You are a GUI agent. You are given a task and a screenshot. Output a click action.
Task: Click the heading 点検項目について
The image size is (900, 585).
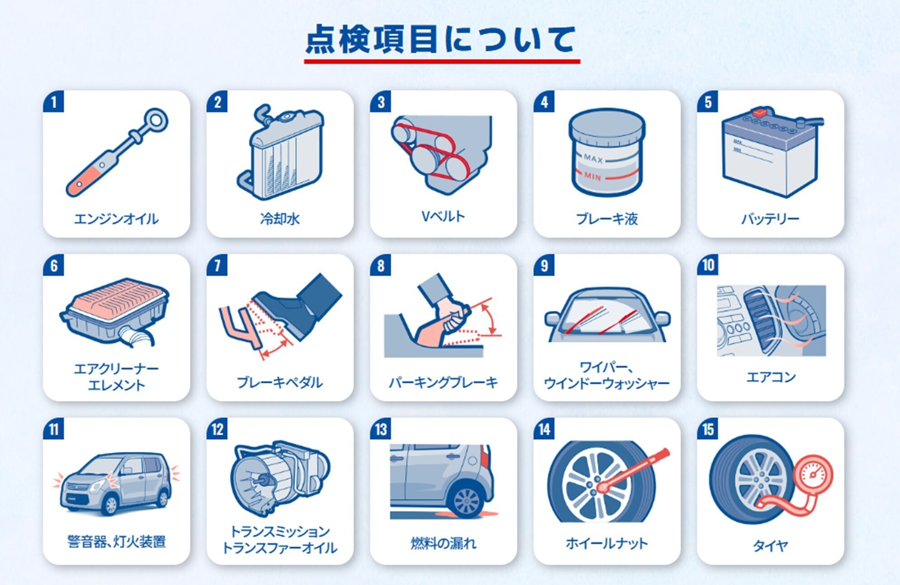point(441,40)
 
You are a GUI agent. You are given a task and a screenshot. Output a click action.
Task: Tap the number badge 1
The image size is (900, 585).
point(54,102)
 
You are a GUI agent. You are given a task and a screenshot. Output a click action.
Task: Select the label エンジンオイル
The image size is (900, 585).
point(116,219)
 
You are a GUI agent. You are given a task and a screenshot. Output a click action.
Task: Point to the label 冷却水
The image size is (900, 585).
point(280,219)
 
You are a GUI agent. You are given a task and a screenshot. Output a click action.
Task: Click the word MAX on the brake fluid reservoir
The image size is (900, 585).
point(593,159)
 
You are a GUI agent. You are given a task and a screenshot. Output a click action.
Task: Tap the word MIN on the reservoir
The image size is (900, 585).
point(592,176)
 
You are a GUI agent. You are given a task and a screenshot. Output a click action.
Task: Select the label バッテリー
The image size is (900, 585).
point(770,219)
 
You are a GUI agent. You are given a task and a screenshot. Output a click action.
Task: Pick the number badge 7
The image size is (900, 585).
point(217,265)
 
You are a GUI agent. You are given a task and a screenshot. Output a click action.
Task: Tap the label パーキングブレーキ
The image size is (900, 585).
point(443,383)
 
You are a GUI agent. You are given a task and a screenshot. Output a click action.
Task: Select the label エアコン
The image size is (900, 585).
point(770,377)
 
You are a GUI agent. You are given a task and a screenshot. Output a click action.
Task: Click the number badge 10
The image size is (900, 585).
point(708,265)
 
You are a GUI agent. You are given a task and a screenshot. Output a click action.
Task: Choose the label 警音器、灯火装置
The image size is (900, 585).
point(117,542)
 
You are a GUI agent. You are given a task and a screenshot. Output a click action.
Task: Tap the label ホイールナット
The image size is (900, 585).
point(606,543)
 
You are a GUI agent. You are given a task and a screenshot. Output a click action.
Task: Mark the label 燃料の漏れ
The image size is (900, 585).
point(443,543)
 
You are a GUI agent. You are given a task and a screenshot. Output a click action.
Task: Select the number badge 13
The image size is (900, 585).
point(381,429)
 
